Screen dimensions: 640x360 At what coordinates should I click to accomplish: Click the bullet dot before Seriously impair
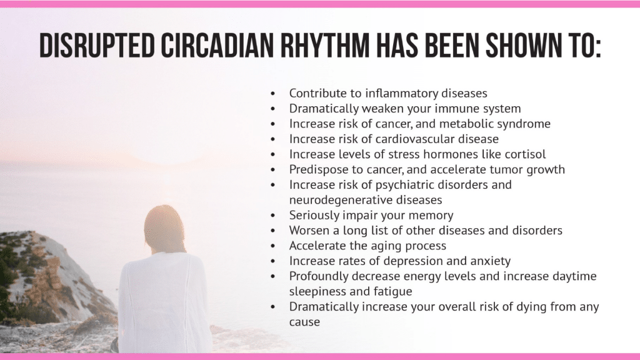point(273,216)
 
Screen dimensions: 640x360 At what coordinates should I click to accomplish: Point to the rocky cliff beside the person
point(45,277)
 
